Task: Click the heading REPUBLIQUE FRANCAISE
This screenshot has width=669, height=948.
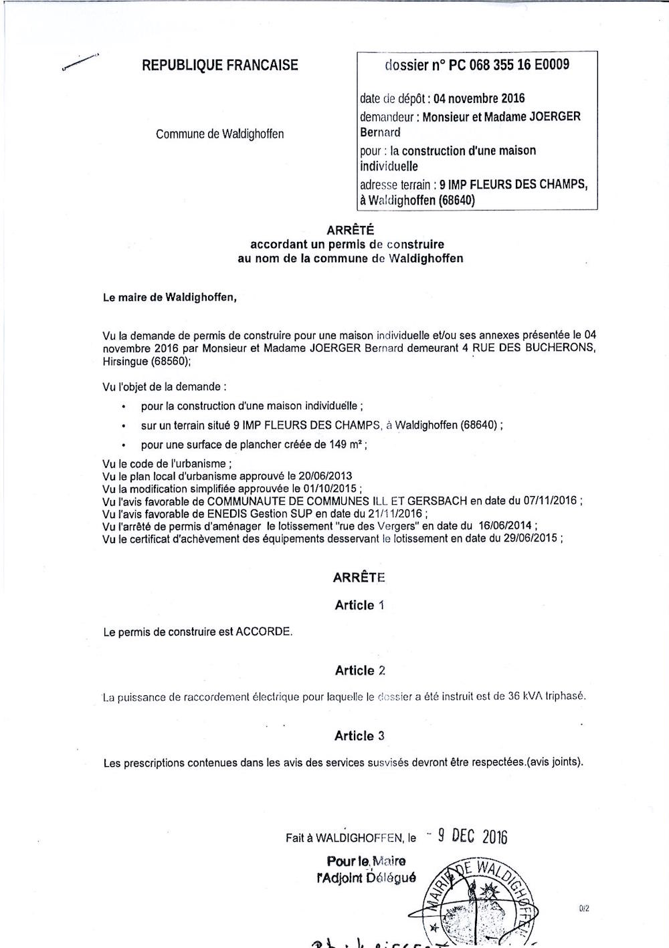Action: [220, 66]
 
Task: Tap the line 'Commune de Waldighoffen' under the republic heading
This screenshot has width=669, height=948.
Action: [219, 134]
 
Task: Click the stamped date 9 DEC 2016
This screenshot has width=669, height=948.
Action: [473, 836]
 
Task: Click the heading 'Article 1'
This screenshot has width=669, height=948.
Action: [359, 605]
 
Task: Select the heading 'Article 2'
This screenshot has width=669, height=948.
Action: [359, 671]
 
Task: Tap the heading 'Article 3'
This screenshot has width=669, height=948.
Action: [359, 736]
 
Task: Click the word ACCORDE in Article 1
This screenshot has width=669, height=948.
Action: [264, 631]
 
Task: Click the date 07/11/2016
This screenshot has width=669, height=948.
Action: [548, 501]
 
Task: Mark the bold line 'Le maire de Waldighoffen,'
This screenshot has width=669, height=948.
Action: [170, 298]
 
